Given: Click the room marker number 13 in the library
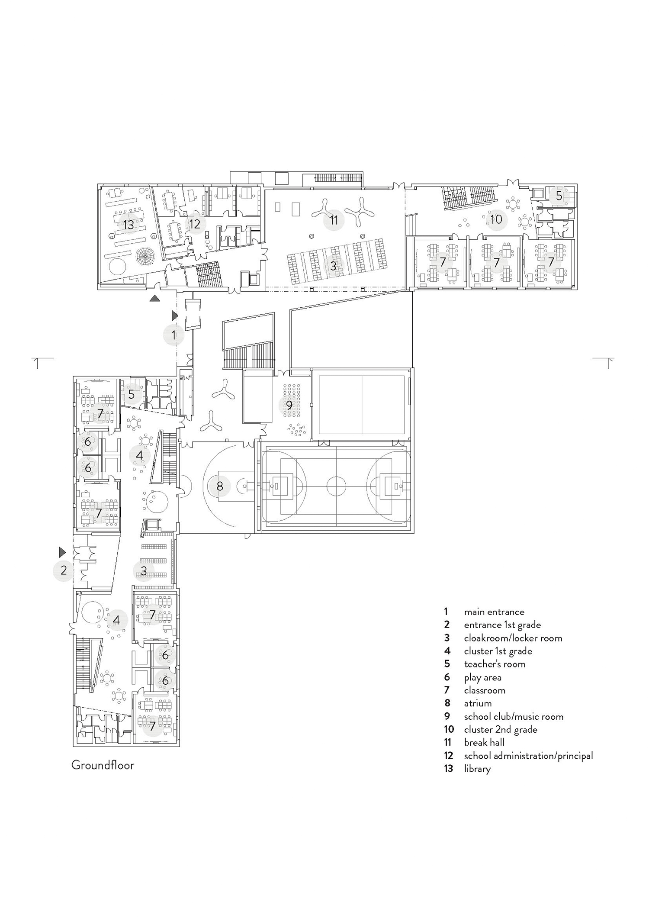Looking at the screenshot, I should pyautogui.click(x=129, y=225).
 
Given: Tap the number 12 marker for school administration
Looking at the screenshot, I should pyautogui.click(x=194, y=224).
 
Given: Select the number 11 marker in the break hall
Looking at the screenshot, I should pyautogui.click(x=334, y=220).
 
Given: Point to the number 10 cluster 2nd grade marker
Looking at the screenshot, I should pyautogui.click(x=496, y=219).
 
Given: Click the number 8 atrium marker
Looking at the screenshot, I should pyautogui.click(x=219, y=486).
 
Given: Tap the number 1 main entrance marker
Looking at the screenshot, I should pyautogui.click(x=174, y=335).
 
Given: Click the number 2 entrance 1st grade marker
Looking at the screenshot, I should pyautogui.click(x=64, y=570).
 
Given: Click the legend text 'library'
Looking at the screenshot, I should pyautogui.click(x=477, y=769).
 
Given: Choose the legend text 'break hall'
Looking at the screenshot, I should pyautogui.click(x=484, y=742).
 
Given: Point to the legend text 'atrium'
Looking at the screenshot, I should pyautogui.click(x=478, y=703).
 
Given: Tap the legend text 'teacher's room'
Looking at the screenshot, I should pyautogui.click(x=495, y=664).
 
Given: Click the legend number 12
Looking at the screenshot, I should pyautogui.click(x=448, y=756).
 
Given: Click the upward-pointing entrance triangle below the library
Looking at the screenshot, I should pyautogui.click(x=155, y=298).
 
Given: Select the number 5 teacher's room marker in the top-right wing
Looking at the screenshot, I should pyautogui.click(x=559, y=196).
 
